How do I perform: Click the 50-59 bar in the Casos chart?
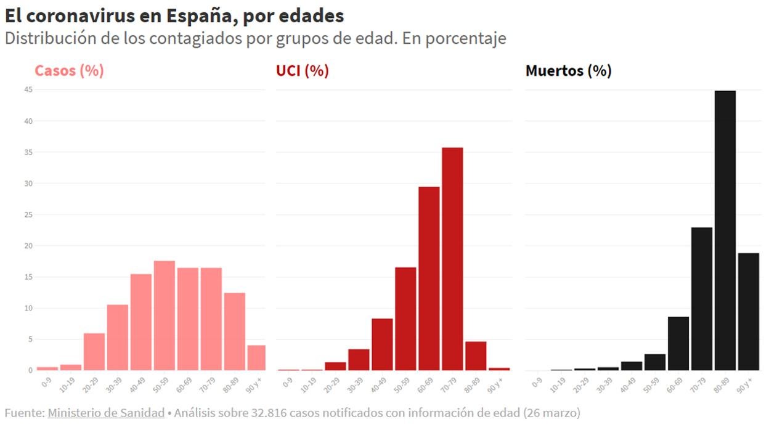[165, 315]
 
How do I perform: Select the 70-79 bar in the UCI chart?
[452, 259]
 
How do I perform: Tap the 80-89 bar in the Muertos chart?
[725, 230]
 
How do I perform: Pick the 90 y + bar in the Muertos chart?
[749, 312]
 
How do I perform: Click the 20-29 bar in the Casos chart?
[94, 352]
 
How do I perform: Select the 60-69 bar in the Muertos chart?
[678, 343]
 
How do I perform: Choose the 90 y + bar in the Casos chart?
[256, 357]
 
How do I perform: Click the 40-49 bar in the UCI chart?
[382, 344]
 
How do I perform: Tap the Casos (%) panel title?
[69, 71]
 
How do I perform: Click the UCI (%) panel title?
[303, 71]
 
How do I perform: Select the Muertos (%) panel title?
[568, 71]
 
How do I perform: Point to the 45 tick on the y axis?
[28, 90]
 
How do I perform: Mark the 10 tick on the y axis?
[28, 308]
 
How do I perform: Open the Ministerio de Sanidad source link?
[106, 413]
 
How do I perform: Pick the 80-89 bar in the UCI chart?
[476, 356]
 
